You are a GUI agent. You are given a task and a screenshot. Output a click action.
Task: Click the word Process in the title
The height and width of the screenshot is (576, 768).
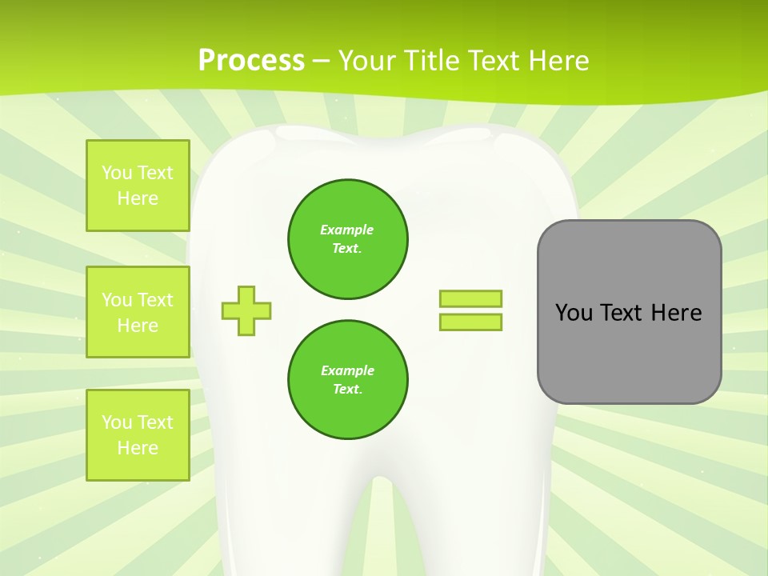click(251, 60)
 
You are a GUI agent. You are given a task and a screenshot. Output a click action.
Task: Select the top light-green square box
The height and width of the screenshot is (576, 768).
click(138, 186)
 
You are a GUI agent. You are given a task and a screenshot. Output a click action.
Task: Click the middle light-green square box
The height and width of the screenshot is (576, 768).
click(138, 312)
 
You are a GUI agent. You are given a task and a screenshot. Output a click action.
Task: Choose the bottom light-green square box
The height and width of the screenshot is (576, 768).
click(138, 435)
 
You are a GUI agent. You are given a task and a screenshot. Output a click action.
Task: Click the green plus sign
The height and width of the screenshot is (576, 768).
click(246, 310)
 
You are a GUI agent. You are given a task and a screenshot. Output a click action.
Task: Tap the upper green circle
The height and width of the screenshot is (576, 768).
click(348, 239)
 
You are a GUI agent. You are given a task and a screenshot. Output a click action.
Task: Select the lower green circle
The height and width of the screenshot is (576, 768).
click(348, 380)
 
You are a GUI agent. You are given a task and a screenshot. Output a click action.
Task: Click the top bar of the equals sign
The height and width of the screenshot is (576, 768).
click(470, 298)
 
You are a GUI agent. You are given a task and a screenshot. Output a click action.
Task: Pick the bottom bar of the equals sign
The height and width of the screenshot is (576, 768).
click(470, 322)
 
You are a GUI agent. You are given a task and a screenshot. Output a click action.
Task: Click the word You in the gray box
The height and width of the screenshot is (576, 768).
click(574, 313)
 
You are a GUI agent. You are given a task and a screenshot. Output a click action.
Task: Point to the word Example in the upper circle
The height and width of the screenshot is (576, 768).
click(346, 230)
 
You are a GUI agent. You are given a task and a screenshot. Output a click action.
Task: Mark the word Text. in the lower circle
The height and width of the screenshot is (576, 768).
click(347, 389)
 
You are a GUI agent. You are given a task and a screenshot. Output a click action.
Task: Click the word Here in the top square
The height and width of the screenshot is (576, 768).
click(138, 198)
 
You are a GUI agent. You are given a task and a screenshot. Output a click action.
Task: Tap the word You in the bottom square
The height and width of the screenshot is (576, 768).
click(117, 422)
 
